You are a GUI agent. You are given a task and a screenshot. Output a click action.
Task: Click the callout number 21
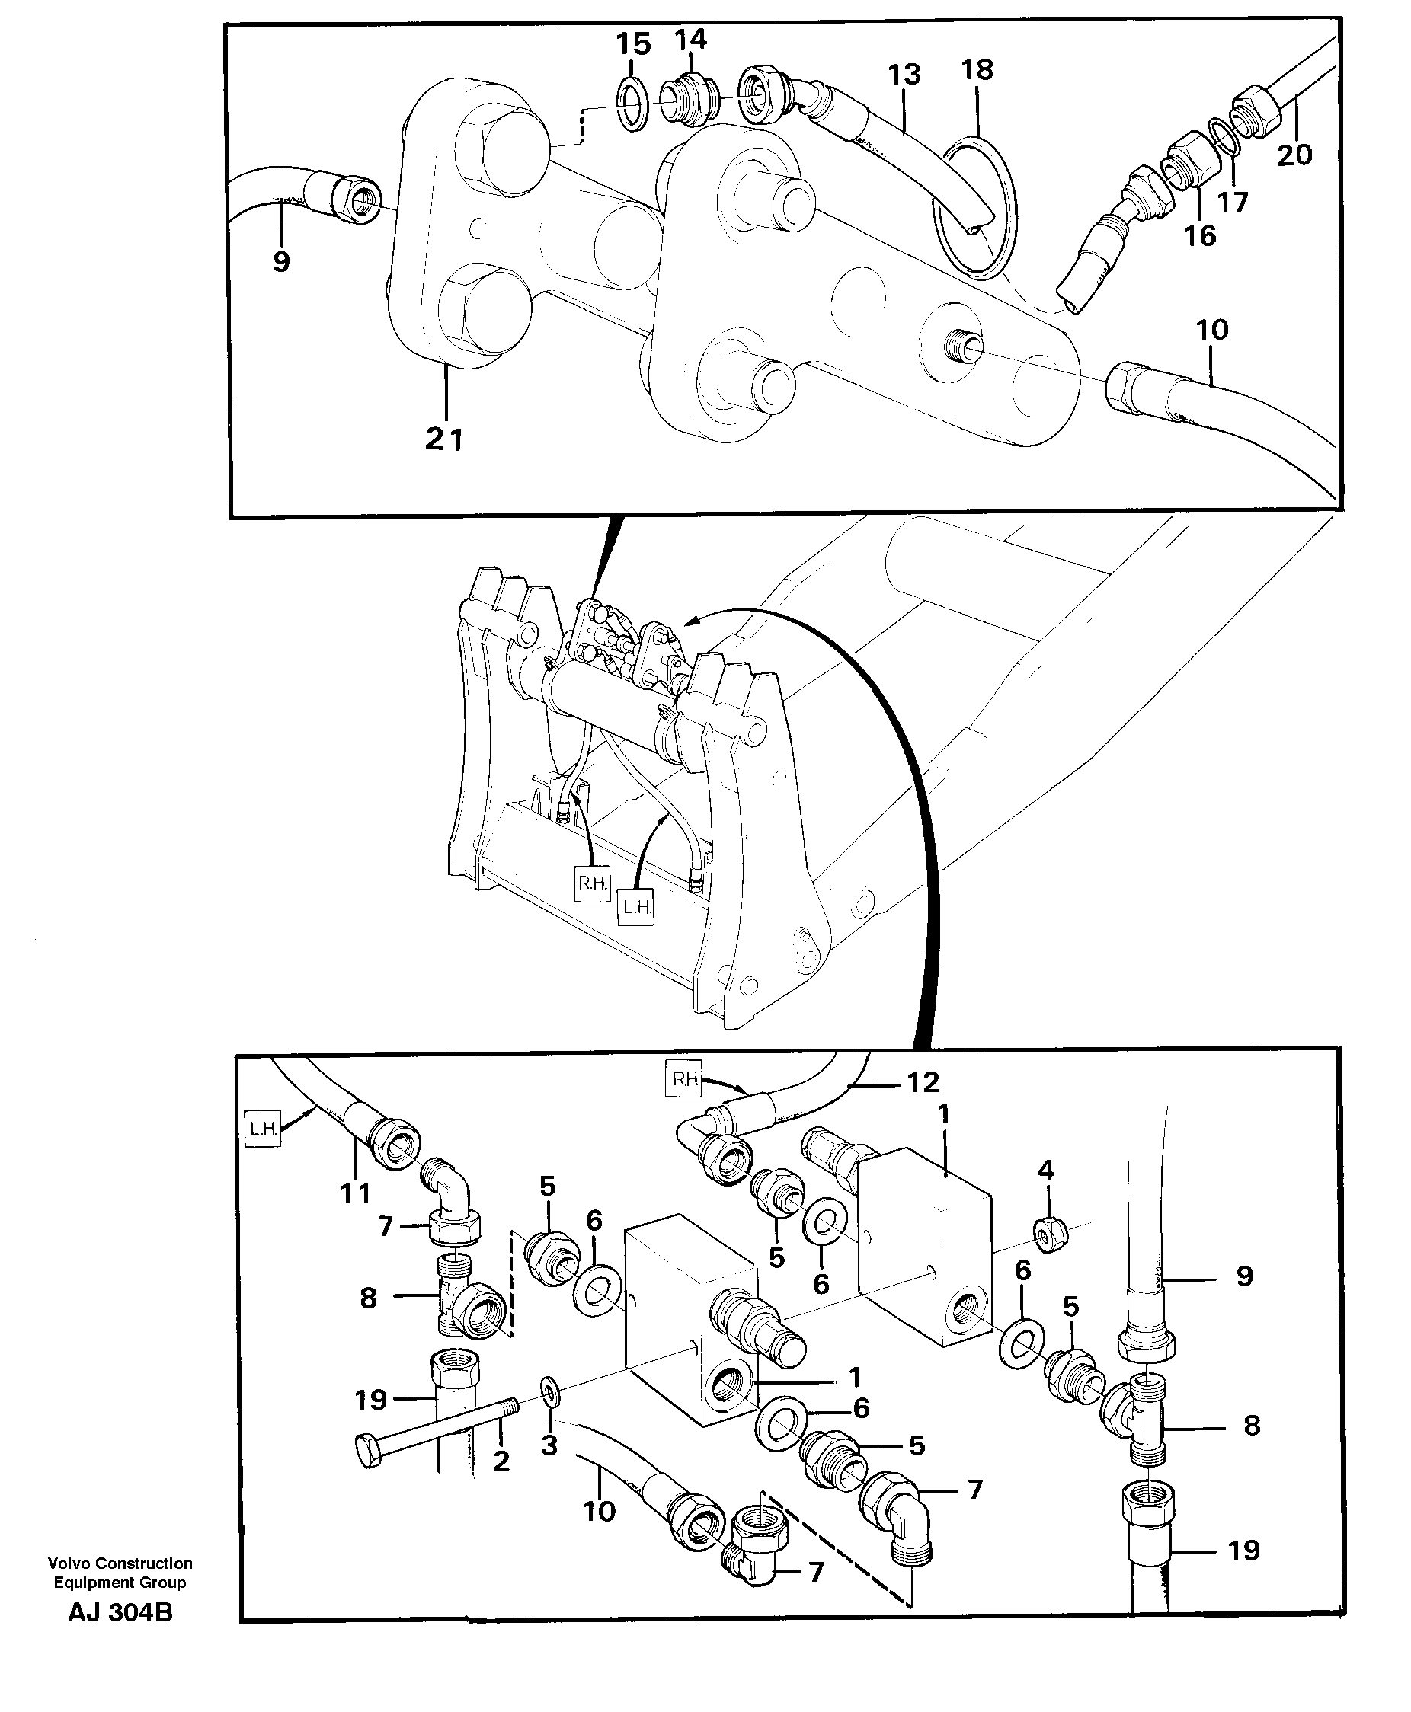coord(443,439)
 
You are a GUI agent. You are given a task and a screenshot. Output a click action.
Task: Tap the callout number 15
coord(633,44)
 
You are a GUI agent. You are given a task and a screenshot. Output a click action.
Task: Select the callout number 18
coord(977,70)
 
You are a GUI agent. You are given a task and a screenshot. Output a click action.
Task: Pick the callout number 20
coord(1294,154)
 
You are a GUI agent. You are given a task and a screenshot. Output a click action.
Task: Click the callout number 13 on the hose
coord(904,75)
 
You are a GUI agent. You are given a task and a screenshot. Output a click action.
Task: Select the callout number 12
coord(923,1081)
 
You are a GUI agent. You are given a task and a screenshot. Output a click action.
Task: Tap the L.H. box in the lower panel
coord(263,1128)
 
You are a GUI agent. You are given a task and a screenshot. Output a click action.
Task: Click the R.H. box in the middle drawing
coord(592,883)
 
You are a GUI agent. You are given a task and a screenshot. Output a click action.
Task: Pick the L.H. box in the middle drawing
coord(636,907)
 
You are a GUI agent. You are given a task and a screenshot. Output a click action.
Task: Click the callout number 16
coord(1199,236)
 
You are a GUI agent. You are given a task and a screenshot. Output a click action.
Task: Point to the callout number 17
coord(1233,202)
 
